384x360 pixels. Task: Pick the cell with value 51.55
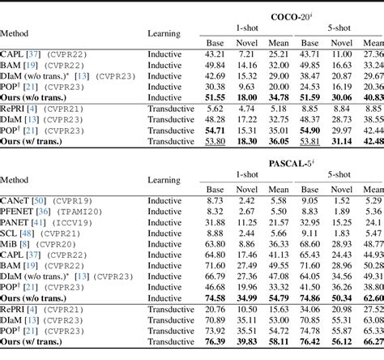pyautogui.click(x=214, y=96)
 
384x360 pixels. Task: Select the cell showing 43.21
pyautogui.click(x=215, y=53)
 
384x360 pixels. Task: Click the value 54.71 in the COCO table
pyautogui.click(x=214, y=130)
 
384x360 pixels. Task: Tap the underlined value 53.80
pyautogui.click(x=214, y=140)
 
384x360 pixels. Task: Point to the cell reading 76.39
pyautogui.click(x=214, y=343)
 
